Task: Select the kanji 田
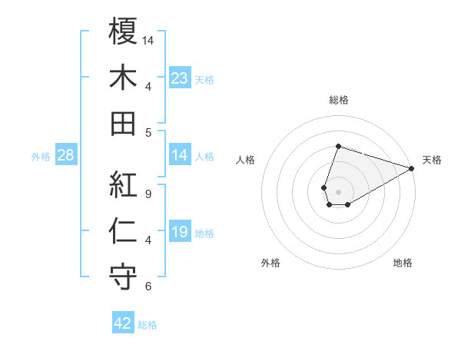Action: click(x=124, y=123)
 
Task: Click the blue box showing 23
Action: click(x=179, y=78)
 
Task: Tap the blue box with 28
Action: click(x=66, y=156)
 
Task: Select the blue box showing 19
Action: click(x=179, y=232)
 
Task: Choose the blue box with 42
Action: click(x=123, y=323)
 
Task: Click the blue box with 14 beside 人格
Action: click(x=179, y=156)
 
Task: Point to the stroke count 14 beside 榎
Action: click(x=149, y=39)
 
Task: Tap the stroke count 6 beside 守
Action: click(x=148, y=286)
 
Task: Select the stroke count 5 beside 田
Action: click(x=148, y=132)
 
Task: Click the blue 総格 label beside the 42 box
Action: click(x=148, y=325)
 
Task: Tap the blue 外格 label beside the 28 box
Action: click(x=41, y=157)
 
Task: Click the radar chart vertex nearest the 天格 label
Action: click(x=412, y=169)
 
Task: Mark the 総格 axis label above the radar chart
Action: click(x=338, y=100)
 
